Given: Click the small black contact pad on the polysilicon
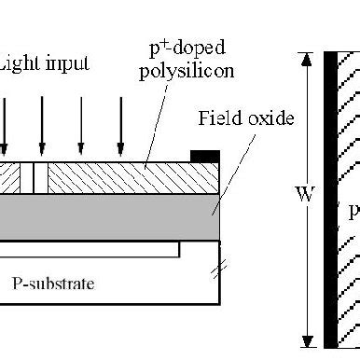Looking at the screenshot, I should coord(205,154).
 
